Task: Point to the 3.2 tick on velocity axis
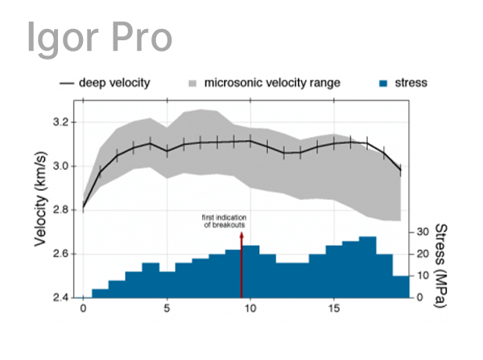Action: click(58, 122)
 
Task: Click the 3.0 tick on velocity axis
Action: click(58, 166)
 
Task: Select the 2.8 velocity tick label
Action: click(58, 210)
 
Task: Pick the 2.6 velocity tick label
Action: click(58, 254)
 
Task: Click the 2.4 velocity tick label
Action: click(58, 297)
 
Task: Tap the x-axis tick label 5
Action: click(167, 309)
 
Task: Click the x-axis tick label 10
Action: click(250, 309)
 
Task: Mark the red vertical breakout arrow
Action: click(242, 266)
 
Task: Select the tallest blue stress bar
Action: click(367, 267)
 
